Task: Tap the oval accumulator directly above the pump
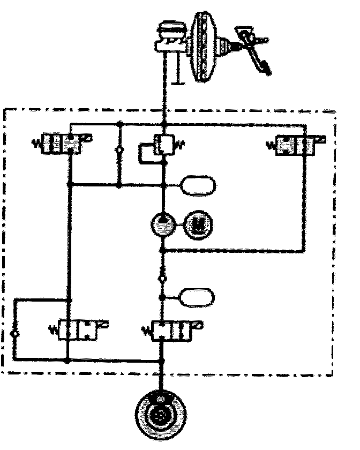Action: click(198, 185)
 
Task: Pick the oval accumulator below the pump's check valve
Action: click(198, 296)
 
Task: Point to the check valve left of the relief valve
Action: click(119, 151)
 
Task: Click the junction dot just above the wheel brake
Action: click(162, 361)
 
